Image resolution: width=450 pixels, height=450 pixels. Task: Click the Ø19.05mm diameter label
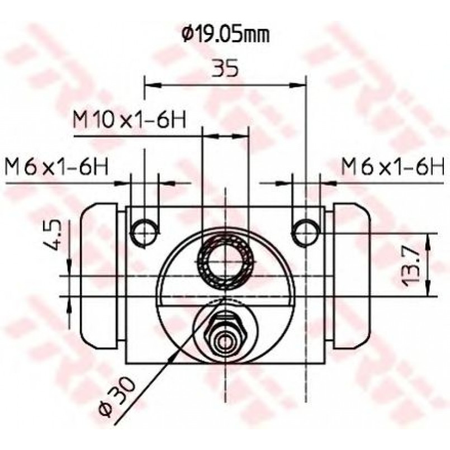click(x=226, y=35)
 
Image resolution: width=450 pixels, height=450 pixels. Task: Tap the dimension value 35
click(x=225, y=68)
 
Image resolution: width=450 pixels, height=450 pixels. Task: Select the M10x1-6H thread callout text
click(x=130, y=120)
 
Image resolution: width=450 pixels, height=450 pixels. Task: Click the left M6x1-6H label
click(x=56, y=167)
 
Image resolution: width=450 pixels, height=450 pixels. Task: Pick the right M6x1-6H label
click(x=393, y=167)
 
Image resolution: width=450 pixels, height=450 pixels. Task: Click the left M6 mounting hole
click(x=145, y=233)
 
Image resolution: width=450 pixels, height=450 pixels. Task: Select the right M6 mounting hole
click(x=306, y=233)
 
